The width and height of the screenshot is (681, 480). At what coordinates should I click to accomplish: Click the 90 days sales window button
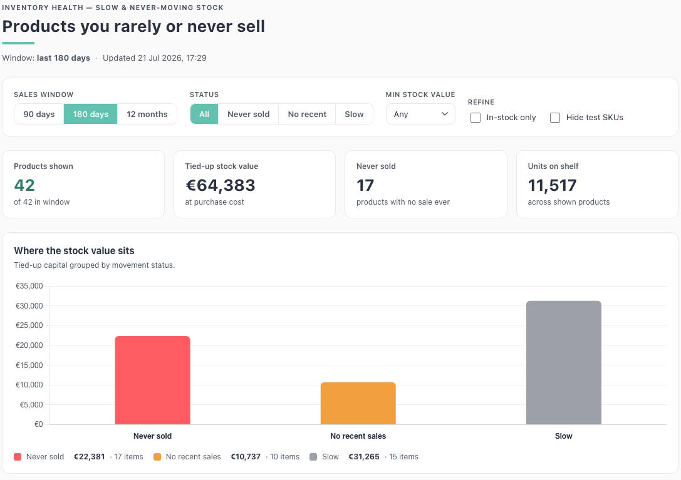(x=39, y=114)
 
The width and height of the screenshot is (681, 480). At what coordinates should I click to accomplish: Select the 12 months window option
(x=147, y=114)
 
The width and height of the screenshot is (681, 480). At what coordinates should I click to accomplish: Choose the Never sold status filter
(x=249, y=114)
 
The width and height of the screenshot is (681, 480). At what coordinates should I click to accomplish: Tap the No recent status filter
(x=307, y=114)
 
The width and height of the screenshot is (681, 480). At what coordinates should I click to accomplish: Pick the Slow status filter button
(x=354, y=114)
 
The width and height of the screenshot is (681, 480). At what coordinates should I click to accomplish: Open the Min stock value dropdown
(x=420, y=114)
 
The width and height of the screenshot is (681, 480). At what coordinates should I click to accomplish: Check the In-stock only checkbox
(x=476, y=118)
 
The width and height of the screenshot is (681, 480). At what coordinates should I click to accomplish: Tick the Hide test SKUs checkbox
(x=555, y=118)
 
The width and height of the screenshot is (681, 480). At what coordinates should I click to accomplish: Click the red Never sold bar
(x=152, y=380)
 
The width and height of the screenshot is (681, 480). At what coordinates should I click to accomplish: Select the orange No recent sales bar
(x=358, y=403)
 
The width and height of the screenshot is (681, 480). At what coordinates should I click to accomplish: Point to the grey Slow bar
(x=564, y=363)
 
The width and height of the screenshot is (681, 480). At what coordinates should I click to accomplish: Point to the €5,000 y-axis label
(x=31, y=405)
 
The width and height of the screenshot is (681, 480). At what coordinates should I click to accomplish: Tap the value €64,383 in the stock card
(x=220, y=185)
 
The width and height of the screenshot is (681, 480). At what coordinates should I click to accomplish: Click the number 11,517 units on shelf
(x=552, y=185)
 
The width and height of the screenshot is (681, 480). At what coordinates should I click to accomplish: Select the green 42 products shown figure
(x=24, y=185)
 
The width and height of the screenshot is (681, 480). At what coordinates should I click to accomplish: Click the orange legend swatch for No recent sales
(x=157, y=457)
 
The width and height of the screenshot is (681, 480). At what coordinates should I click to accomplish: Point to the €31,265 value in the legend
(x=364, y=457)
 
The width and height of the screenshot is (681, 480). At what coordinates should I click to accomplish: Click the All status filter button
(x=204, y=114)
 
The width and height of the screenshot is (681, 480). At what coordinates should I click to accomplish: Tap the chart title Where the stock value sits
(x=75, y=251)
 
